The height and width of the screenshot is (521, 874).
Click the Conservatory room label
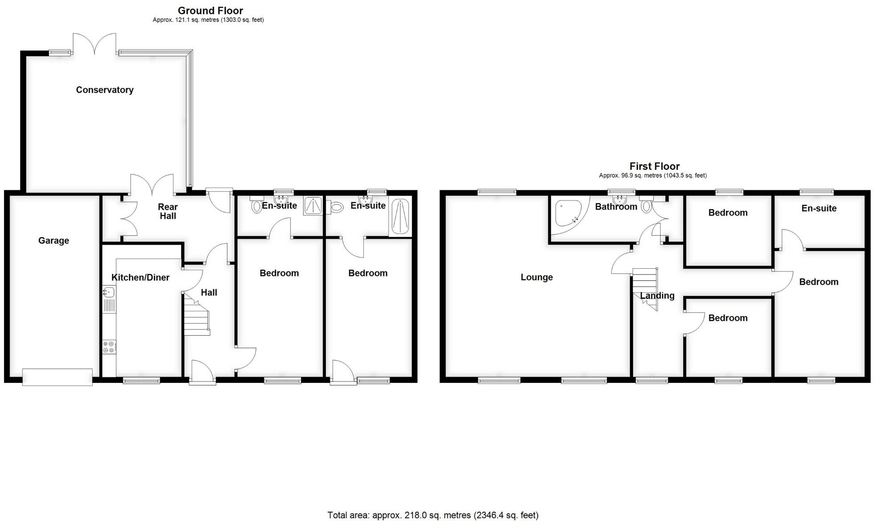click(x=105, y=90)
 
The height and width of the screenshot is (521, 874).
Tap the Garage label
click(x=54, y=241)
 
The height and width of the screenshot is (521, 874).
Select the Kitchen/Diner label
click(x=140, y=278)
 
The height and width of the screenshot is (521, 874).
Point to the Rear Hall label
click(x=168, y=211)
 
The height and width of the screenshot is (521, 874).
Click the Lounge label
click(x=536, y=277)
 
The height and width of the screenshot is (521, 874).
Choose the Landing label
click(x=657, y=296)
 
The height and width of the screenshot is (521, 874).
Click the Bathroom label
click(x=616, y=207)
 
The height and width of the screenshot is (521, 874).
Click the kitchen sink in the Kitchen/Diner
click(x=108, y=293)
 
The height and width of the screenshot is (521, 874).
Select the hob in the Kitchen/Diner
click(x=109, y=346)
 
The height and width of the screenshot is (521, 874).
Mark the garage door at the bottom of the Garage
click(x=58, y=377)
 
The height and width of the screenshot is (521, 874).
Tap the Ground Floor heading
click(x=210, y=11)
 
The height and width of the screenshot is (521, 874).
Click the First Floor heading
click(x=654, y=167)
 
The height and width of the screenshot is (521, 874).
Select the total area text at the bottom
click(x=433, y=515)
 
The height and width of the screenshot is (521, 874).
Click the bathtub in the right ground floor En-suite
click(x=400, y=217)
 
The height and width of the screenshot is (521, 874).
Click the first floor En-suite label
click(x=819, y=209)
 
